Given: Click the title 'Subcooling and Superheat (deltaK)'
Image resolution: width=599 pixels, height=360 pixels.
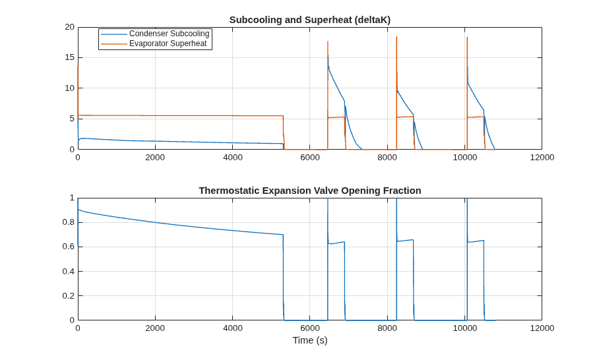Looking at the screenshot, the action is tap(310, 20).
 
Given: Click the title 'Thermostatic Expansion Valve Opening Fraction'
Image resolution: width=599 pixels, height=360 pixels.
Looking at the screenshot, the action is tap(310, 191).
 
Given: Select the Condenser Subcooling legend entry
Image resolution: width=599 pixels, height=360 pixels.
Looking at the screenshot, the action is tap(155, 34).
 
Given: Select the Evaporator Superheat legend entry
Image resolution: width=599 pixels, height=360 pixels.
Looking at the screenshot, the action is tap(154, 44).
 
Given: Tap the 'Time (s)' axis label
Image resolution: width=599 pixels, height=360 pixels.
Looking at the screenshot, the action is tap(310, 340).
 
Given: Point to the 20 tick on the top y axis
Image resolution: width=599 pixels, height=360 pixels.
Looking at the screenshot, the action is tap(69, 27).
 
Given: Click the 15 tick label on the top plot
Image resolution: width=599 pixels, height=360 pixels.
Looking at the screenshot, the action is tap(69, 57).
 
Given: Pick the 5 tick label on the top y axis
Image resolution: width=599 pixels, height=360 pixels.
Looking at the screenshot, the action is tap(72, 119).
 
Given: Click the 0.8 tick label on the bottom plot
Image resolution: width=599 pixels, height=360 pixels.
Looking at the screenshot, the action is tap(69, 222).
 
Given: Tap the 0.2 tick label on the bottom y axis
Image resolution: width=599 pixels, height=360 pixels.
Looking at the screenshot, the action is tap(69, 296).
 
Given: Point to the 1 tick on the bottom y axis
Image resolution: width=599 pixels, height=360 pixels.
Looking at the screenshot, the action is tap(72, 198).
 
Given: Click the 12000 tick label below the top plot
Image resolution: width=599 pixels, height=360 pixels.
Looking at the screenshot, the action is tap(542, 158).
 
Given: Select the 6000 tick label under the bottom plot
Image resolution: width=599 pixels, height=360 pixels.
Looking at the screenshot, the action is tap(310, 328).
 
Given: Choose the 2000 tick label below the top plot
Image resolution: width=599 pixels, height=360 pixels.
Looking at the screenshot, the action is tap(155, 158).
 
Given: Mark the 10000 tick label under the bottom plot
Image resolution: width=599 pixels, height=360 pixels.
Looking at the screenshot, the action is tap(465, 328).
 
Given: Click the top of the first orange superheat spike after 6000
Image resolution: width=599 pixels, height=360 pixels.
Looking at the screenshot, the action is tap(328, 42).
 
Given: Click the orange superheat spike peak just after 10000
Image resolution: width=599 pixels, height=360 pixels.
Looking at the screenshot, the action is tap(467, 37).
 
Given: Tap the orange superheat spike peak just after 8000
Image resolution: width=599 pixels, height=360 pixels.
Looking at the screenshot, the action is tap(396, 37).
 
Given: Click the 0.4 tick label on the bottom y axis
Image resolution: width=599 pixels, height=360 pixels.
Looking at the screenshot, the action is tap(69, 272).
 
